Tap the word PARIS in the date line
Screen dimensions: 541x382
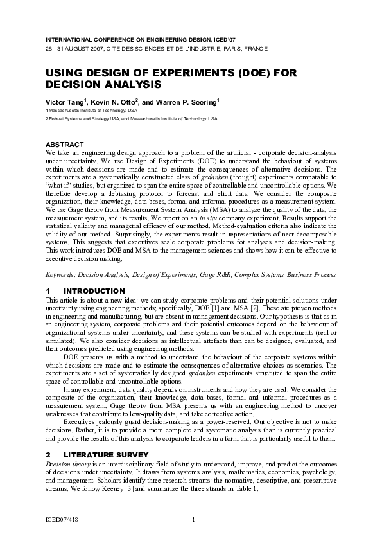point(225,49)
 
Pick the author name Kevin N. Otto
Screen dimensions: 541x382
point(114,102)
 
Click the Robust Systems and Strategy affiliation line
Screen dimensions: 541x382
point(132,119)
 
